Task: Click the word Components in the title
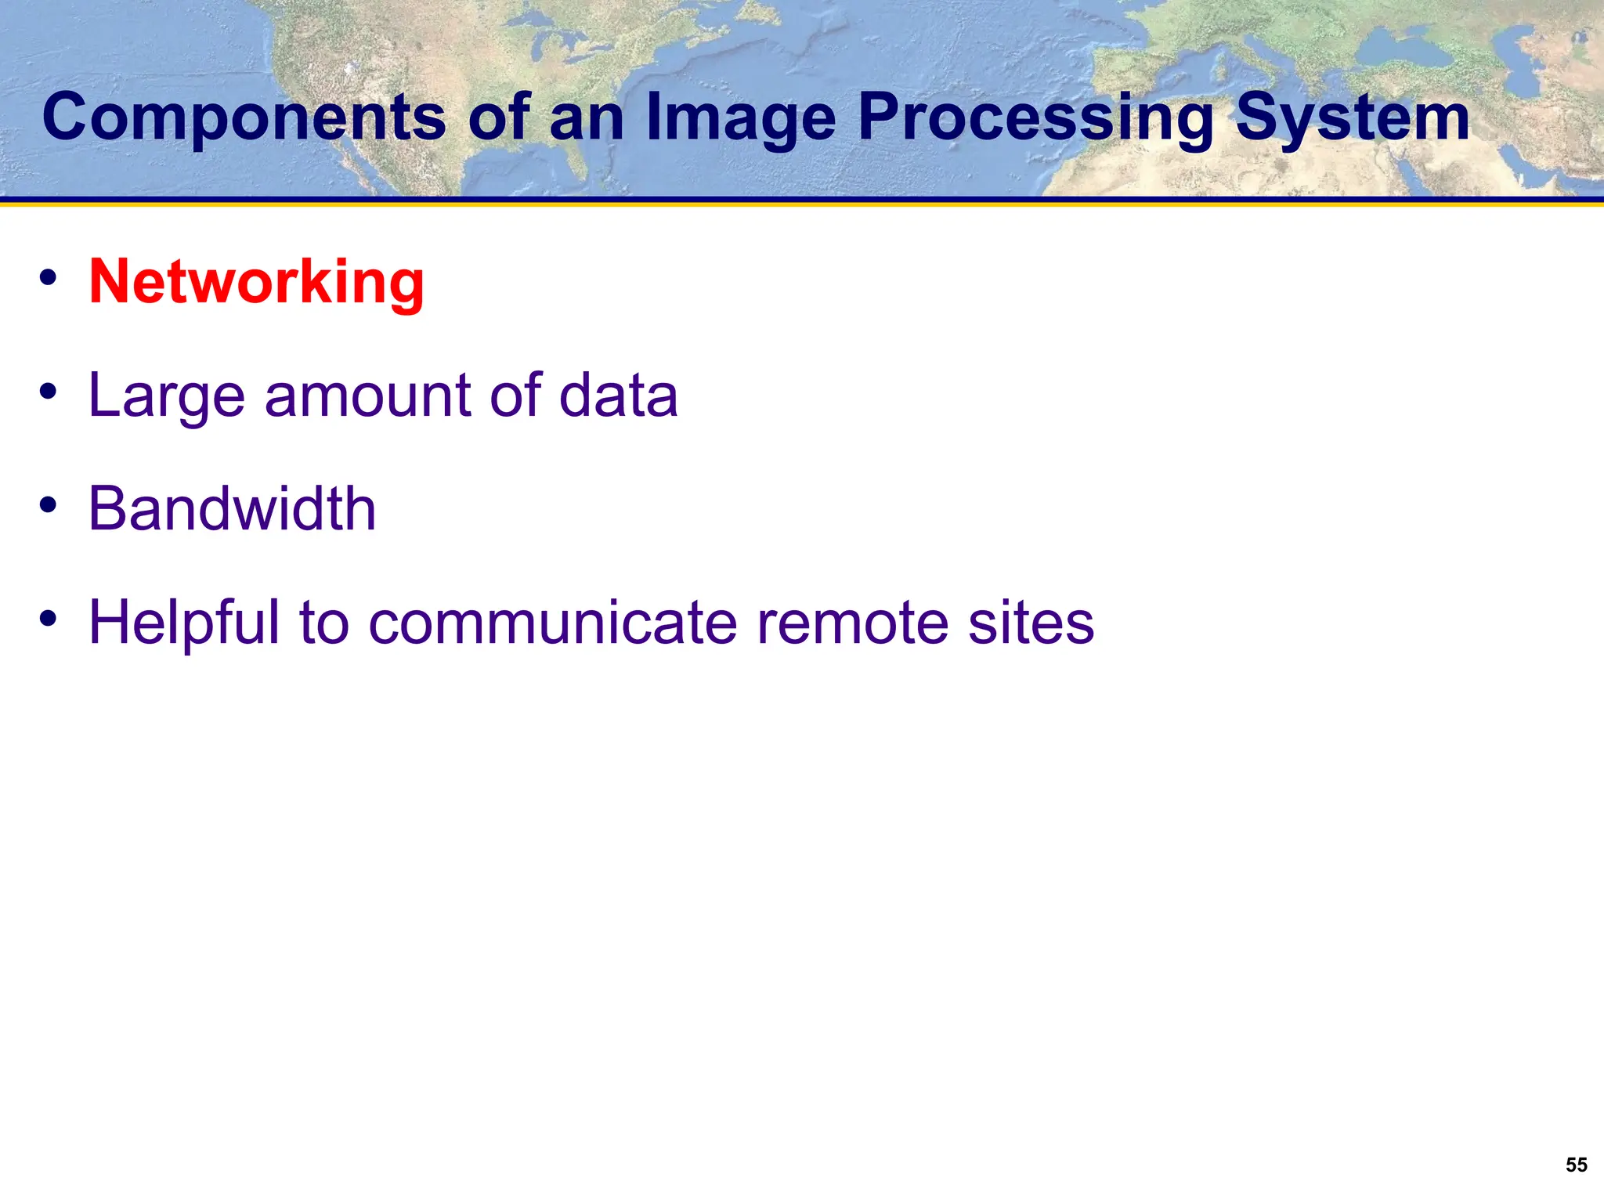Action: pyautogui.click(x=244, y=117)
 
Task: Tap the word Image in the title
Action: pyautogui.click(x=741, y=117)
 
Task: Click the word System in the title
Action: pyautogui.click(x=1353, y=117)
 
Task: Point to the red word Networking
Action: pyautogui.click(x=256, y=282)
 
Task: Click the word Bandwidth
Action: pyautogui.click(x=232, y=509)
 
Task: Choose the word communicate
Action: pyautogui.click(x=552, y=623)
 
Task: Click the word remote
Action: pyautogui.click(x=851, y=623)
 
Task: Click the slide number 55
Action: pyautogui.click(x=1576, y=1165)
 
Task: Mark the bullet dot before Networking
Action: pyautogui.click(x=49, y=277)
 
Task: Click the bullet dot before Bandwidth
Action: pyautogui.click(x=49, y=505)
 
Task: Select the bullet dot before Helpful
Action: pyautogui.click(x=49, y=619)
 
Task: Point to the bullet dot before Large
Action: pyautogui.click(x=49, y=391)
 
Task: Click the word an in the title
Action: pyautogui.click(x=587, y=117)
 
